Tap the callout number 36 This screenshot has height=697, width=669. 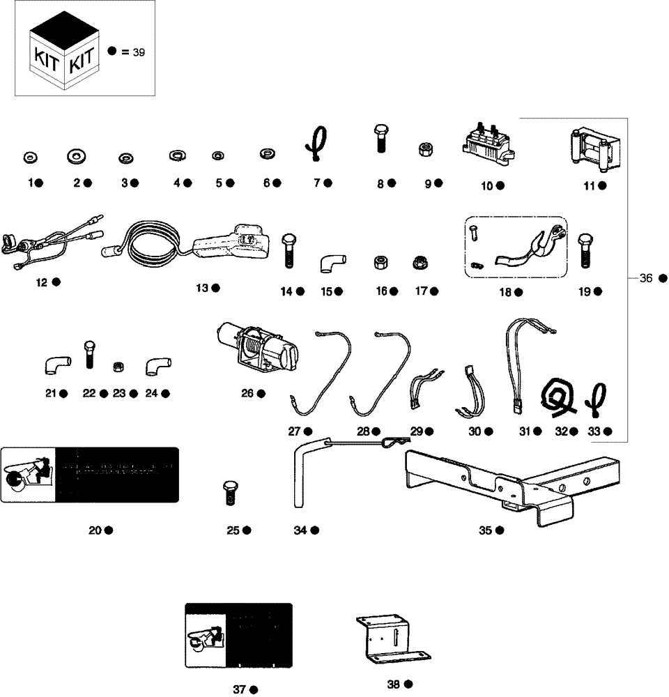(645, 278)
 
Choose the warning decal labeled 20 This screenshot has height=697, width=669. (90, 475)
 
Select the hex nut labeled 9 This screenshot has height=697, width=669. (424, 149)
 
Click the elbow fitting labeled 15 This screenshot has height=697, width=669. (332, 263)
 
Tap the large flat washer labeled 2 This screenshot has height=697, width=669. (77, 155)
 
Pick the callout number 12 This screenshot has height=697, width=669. (42, 282)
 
